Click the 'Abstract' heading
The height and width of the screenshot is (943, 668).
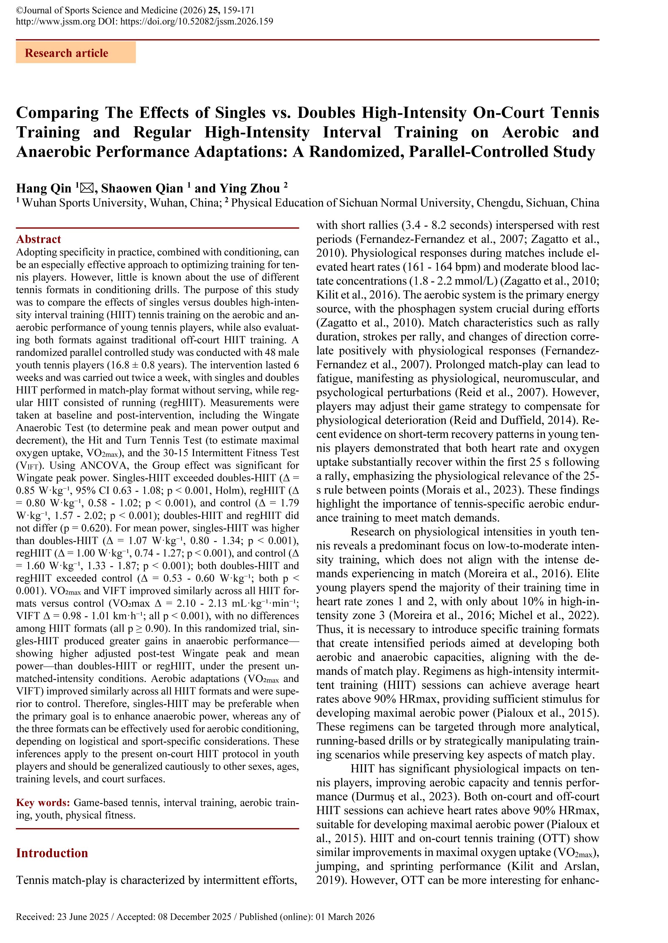[38, 239]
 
